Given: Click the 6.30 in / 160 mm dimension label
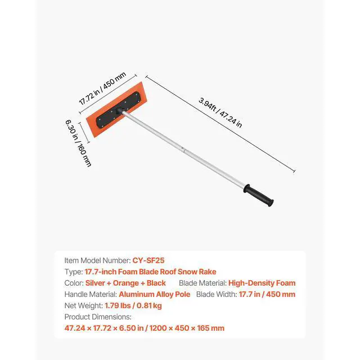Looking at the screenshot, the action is pyautogui.click(x=75, y=143).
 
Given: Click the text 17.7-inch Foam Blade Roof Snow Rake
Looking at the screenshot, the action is pyautogui.click(x=150, y=272).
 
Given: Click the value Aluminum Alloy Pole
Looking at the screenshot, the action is pyautogui.click(x=155, y=294).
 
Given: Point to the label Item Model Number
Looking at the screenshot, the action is pyautogui.click(x=97, y=260).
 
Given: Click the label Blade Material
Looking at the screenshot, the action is pyautogui.click(x=202, y=283).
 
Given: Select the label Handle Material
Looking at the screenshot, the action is pyautogui.click(x=90, y=294).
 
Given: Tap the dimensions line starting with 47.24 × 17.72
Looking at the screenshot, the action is pyautogui.click(x=145, y=328).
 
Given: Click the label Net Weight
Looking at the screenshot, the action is pyautogui.click(x=83, y=305).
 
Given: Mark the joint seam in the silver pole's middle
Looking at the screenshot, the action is pyautogui.click(x=183, y=151).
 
